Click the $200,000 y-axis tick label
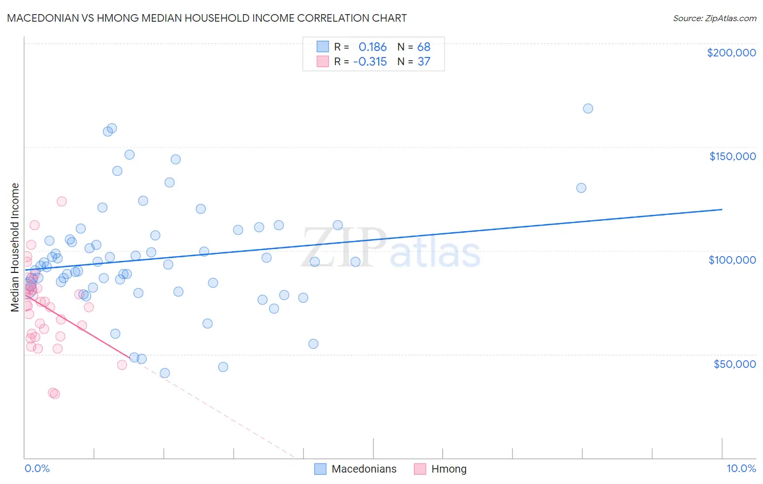[x=731, y=53]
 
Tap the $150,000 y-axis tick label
[x=732, y=156]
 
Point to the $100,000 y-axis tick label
[x=732, y=260]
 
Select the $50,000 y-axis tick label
[x=734, y=364]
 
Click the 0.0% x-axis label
[x=37, y=468]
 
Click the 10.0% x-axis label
[x=741, y=468]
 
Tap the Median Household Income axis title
[x=15, y=247]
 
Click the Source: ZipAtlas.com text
[x=714, y=18]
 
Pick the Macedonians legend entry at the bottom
[x=364, y=469]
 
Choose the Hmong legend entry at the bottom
[x=448, y=469]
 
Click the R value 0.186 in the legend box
[x=372, y=47]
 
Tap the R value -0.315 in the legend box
[x=370, y=62]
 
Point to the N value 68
[x=423, y=47]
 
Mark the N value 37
[x=423, y=62]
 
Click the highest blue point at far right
[x=588, y=109]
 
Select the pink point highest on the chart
[x=61, y=201]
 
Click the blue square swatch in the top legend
[x=322, y=47]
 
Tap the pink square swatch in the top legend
[x=322, y=61]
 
